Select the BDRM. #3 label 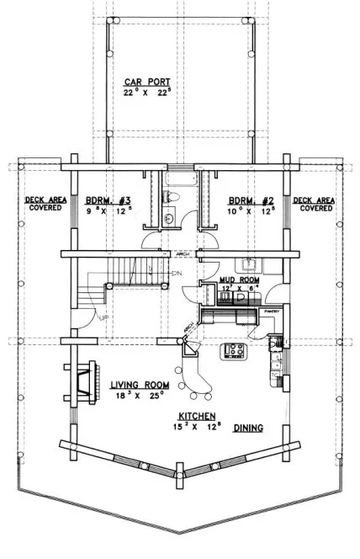pyautogui.click(x=109, y=200)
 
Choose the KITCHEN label pyautogui.click(x=198, y=417)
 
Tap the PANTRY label pyautogui.click(x=273, y=311)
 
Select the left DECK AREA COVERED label pyautogui.click(x=43, y=203)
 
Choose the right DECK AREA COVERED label pyautogui.click(x=314, y=203)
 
